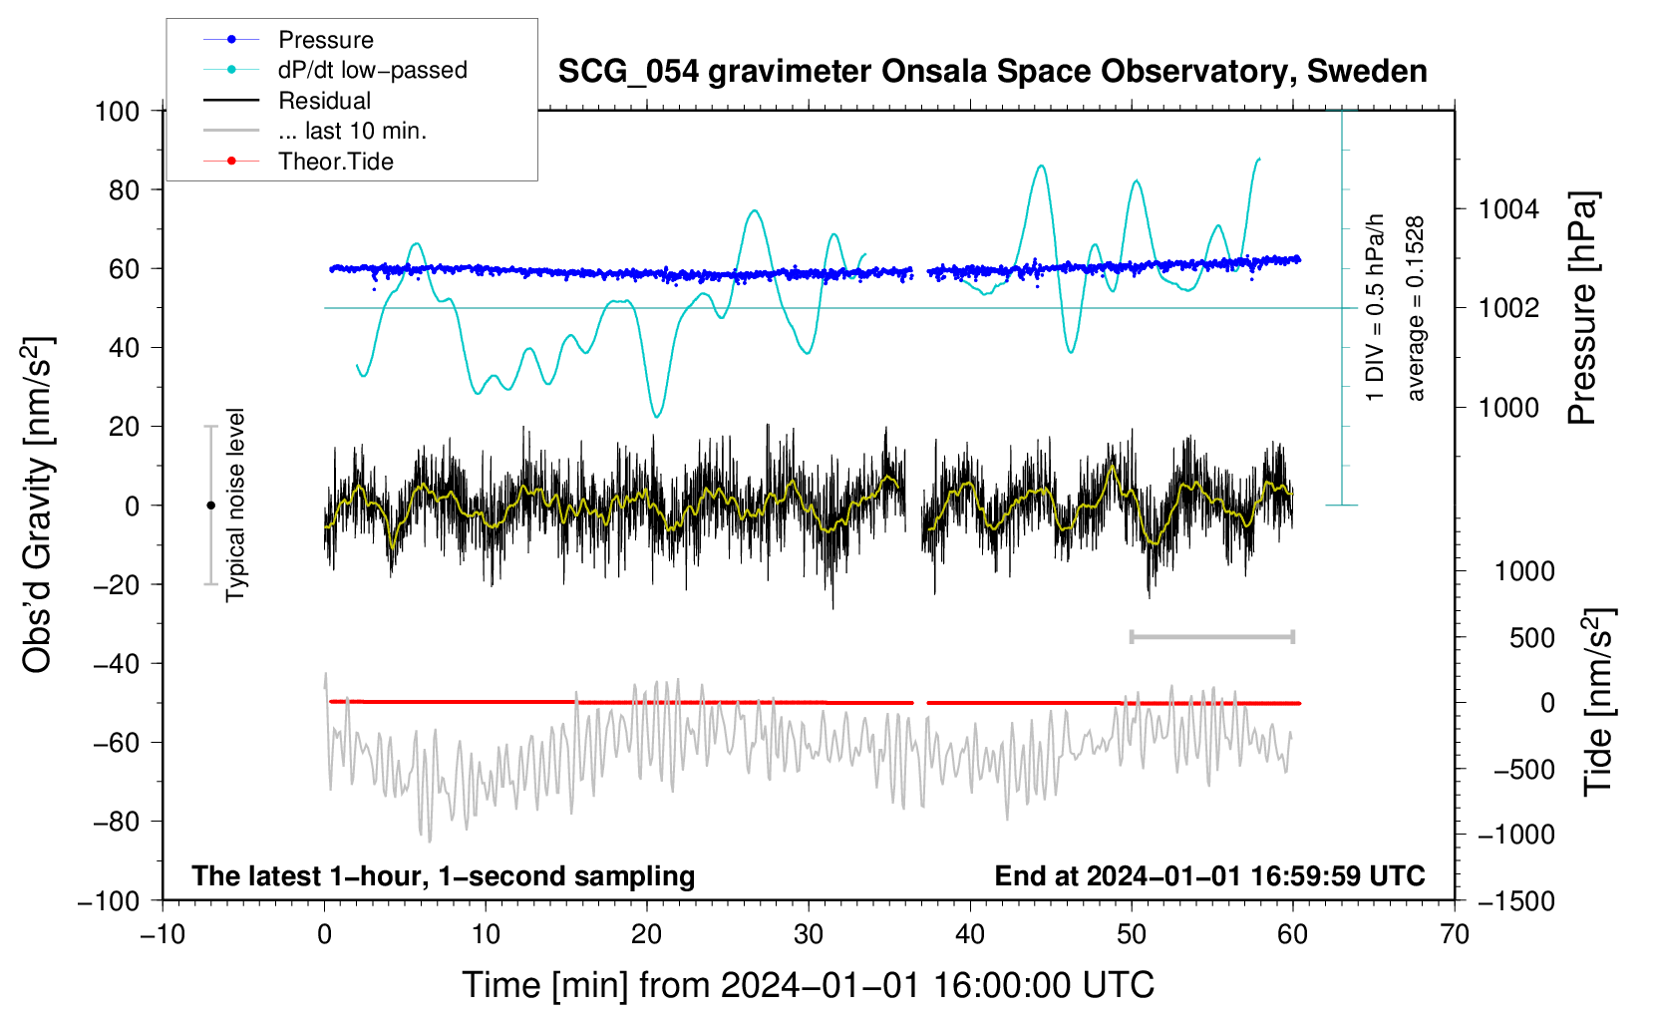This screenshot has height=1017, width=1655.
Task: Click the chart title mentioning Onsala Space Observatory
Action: coord(992,72)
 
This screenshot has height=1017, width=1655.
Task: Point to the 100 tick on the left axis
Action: coord(117,112)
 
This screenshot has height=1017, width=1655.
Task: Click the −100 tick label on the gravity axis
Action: coord(109,901)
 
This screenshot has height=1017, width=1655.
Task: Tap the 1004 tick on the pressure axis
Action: coord(1508,209)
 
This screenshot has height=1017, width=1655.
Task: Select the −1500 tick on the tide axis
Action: coord(1516,901)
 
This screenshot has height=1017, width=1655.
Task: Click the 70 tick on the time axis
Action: coord(1454,934)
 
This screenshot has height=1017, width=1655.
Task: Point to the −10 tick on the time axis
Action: coord(163,934)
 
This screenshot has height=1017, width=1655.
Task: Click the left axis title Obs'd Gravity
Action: coord(38,506)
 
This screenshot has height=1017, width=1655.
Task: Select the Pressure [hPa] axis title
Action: coord(1582,308)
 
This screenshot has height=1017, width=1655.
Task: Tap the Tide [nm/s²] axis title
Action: coord(1599,702)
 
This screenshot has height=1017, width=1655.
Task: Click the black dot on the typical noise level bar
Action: coord(210,506)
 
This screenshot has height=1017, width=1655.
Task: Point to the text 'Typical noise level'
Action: coord(235,505)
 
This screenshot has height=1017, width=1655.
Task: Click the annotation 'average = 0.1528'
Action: coord(1414,309)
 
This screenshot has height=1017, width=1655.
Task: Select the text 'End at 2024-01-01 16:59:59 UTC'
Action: coord(1209,875)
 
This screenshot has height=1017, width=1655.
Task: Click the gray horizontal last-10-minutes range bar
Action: coord(1211,636)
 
